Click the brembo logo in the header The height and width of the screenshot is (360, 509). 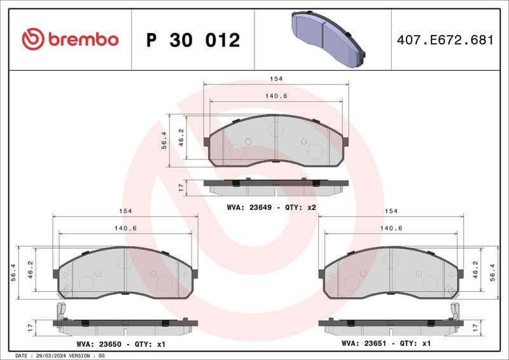tap(70, 39)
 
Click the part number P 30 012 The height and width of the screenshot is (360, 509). tap(193, 40)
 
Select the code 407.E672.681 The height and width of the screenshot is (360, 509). tap(445, 40)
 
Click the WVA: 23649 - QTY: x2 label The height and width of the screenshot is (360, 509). tap(272, 207)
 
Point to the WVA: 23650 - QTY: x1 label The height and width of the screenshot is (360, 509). tap(120, 343)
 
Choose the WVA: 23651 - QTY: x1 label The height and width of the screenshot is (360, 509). tap(386, 343)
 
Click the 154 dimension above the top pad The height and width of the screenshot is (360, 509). tap(275, 78)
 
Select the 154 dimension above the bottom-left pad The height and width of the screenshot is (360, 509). tap(125, 211)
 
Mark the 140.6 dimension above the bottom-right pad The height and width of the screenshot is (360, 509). tap(391, 228)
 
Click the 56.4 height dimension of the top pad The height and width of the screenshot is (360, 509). tap(164, 141)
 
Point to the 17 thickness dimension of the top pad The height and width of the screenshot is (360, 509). tap(181, 187)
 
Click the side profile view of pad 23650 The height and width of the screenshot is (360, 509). tap(125, 323)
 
